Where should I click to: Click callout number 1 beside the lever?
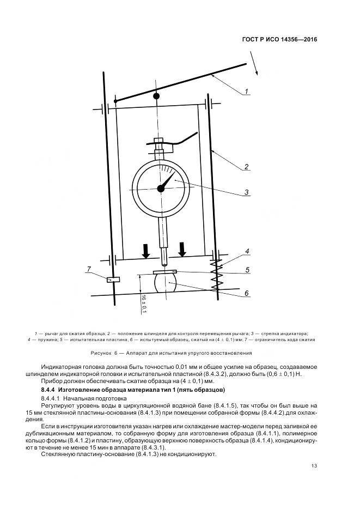coord(247,91)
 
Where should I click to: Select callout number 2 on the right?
coord(246,167)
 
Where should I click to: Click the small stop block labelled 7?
coord(113,280)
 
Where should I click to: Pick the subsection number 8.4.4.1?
coord(52,399)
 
